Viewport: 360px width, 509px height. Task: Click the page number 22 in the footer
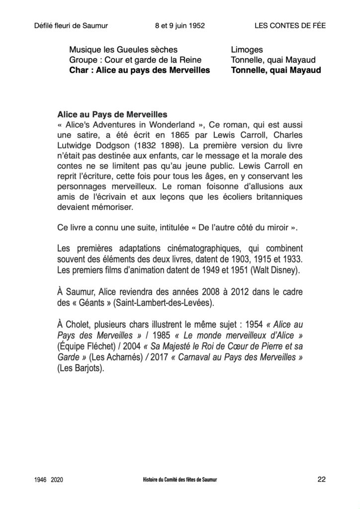click(321, 479)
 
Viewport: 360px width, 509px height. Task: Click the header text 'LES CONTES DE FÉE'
click(290, 26)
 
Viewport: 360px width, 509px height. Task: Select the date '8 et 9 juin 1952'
click(180, 26)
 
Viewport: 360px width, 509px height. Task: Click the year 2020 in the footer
click(57, 480)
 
